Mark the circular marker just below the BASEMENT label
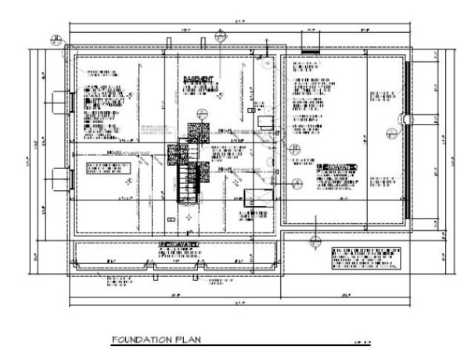203,112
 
